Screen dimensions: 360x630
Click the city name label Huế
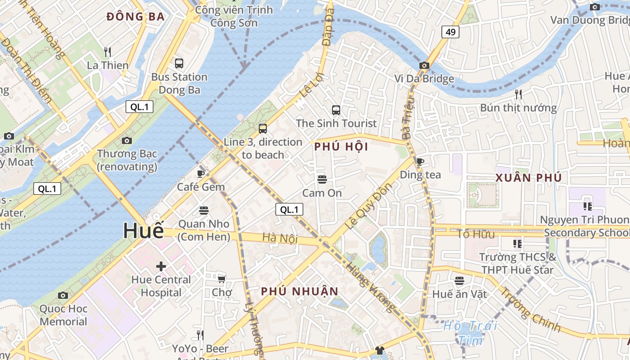144,231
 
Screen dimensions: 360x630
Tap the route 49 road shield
450,31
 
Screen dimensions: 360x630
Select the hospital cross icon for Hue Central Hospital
161,266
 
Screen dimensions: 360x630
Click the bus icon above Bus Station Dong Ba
179,63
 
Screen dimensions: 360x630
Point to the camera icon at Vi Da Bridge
424,65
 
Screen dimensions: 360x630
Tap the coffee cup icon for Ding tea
420,162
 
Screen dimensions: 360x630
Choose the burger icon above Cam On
322,180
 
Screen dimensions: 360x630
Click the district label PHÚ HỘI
341,147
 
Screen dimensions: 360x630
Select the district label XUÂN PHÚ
529,178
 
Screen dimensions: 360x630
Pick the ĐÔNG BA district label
135,17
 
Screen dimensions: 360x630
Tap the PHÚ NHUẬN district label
300,292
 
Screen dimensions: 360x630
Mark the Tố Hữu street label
476,234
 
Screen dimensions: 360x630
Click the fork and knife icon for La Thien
107,52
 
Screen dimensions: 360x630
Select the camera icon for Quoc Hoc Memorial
63,295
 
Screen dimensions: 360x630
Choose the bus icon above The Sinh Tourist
336,110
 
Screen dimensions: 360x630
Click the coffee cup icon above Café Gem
201,173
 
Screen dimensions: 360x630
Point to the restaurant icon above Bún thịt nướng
518,94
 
